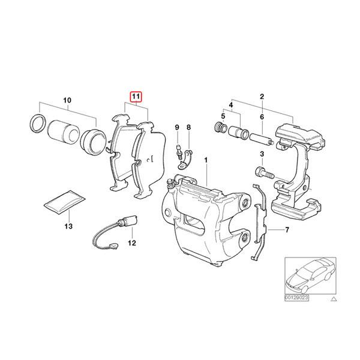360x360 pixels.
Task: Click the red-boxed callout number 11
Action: coord(136,95)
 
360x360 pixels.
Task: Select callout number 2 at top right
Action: coord(262,96)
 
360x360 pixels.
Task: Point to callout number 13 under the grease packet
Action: coord(68,227)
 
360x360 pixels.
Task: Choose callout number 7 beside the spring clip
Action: coord(287,230)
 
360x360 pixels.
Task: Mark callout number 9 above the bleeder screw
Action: coord(177,128)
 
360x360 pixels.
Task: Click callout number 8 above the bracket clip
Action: coord(188,128)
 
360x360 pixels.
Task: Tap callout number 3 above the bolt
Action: coord(262,154)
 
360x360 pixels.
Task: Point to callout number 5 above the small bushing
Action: coord(223,116)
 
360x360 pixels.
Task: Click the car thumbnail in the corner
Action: coord(307,275)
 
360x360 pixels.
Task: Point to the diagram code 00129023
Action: coord(296,296)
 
